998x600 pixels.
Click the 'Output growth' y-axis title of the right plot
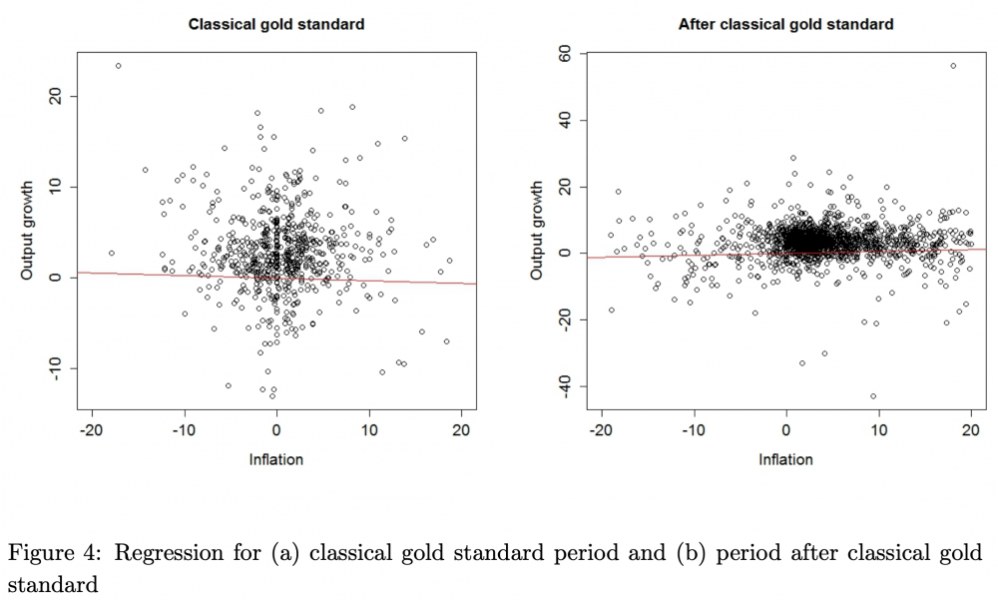point(536,230)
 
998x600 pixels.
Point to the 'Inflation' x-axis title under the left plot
point(276,459)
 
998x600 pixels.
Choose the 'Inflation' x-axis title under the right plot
point(785,459)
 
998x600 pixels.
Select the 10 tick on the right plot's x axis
point(878,430)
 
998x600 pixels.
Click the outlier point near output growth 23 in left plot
point(118,66)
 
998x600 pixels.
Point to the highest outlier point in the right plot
point(953,66)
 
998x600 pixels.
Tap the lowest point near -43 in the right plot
point(873,396)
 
